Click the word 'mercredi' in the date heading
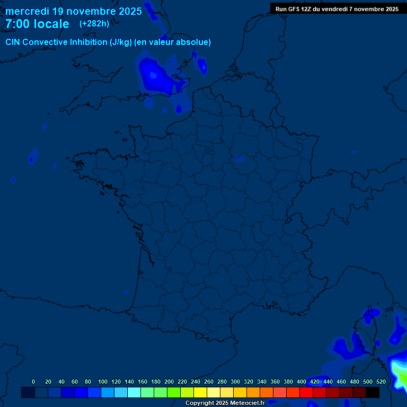point(27,11)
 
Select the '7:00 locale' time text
point(37,24)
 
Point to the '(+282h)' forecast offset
point(94,24)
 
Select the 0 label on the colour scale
point(33,382)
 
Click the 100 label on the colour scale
point(103,382)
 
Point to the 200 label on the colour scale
point(169,382)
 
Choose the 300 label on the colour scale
point(235,382)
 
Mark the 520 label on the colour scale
point(381,382)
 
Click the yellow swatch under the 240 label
point(200,393)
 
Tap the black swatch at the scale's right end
point(373,393)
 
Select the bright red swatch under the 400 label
point(306,393)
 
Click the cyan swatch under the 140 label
point(134,393)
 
